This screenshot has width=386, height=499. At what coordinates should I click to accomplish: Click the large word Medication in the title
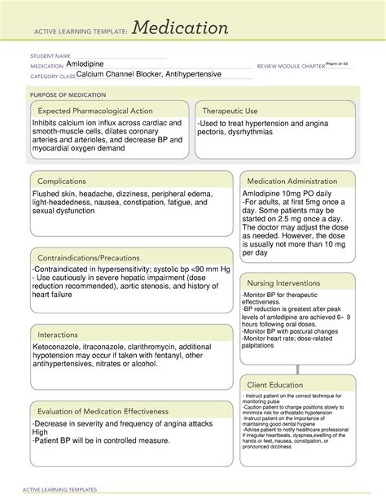point(181,28)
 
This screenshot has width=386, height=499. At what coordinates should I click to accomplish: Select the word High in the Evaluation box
point(41,432)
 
